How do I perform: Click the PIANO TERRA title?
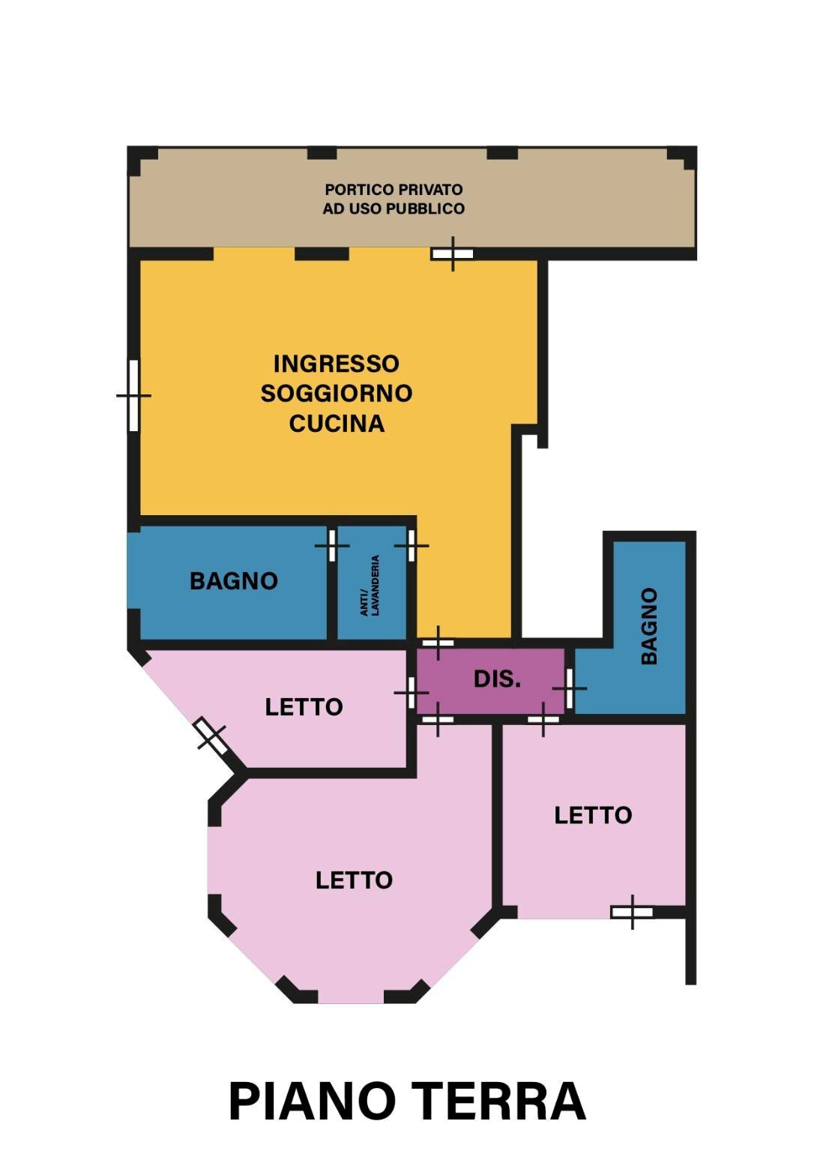406,1102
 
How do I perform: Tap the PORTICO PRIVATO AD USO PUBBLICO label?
394,199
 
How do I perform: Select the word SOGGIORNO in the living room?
336,394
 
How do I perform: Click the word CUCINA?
337,424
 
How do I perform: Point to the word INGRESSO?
336,364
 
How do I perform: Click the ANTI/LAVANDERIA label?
370,586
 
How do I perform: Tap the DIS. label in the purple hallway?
497,679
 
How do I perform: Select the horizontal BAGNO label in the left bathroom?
233,581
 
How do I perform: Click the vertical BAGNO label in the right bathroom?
650,625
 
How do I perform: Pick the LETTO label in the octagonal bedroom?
354,880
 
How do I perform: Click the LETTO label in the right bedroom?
593,816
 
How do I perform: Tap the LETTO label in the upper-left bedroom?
304,707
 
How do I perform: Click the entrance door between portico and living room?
453,254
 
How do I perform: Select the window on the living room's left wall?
134,395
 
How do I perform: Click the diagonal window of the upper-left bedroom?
211,735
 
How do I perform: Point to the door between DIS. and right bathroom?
570,688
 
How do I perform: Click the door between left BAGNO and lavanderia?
332,545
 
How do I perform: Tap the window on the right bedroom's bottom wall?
632,913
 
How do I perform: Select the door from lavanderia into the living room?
411,545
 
